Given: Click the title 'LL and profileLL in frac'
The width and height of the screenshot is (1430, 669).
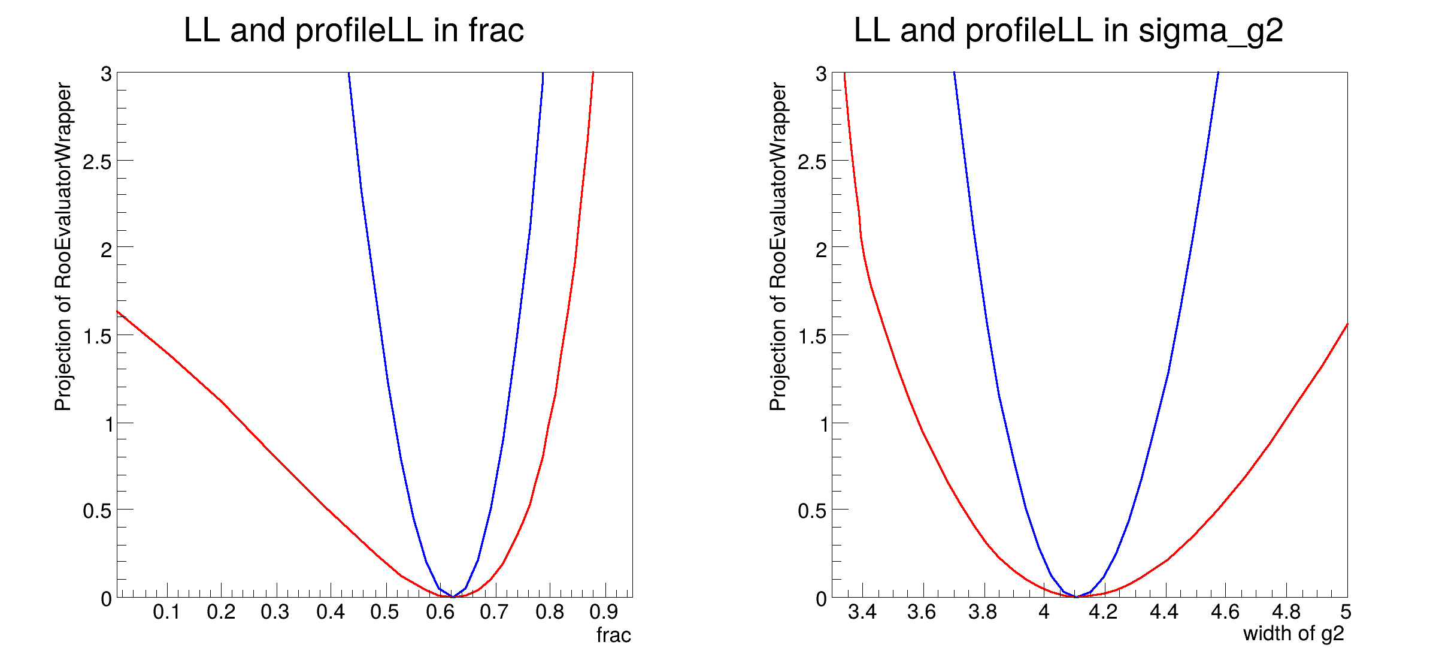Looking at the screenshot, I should click(353, 30).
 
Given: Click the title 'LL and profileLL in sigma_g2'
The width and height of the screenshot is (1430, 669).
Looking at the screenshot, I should click(1068, 30).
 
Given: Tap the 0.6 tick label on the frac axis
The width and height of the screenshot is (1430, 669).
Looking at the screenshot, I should click(440, 612).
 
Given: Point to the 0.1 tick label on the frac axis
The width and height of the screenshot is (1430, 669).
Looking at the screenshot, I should click(166, 612).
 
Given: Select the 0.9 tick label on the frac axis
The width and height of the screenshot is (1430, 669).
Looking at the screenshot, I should click(604, 612).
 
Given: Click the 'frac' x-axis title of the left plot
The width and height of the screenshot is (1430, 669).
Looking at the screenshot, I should click(613, 635).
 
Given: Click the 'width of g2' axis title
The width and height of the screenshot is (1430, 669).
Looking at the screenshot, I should click(1293, 633).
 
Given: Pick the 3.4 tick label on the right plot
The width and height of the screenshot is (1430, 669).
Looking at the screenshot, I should click(862, 612).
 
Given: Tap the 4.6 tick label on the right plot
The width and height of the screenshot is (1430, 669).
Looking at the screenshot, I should click(1225, 612).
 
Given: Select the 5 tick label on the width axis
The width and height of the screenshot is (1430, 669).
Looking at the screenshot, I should click(1346, 612).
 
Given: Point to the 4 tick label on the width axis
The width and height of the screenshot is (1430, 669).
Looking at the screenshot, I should click(1044, 612).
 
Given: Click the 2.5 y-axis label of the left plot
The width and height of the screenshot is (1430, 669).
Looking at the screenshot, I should click(97, 161).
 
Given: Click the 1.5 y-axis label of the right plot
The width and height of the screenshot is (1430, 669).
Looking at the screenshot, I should click(812, 336).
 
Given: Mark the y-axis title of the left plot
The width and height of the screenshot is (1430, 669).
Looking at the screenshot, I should click(63, 246).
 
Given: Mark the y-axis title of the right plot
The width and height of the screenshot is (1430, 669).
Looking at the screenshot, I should click(778, 246).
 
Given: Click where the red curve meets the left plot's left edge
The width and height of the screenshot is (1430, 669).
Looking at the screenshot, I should click(117, 312).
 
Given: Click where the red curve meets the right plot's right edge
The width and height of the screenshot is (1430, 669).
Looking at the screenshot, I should click(1347, 324).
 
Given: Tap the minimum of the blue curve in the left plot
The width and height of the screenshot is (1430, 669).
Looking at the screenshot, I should click(453, 597).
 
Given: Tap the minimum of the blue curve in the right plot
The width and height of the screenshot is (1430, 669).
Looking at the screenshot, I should click(1077, 597).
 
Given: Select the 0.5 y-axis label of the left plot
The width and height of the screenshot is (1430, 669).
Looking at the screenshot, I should click(97, 511).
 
